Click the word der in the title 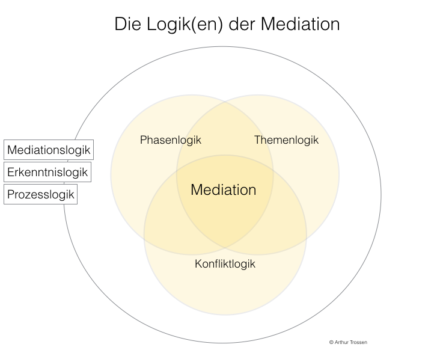(x=234, y=24)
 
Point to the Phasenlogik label (x=171, y=140)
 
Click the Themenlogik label (x=286, y=140)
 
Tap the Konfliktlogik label (x=225, y=264)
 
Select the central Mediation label (x=224, y=190)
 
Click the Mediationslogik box (x=49, y=150)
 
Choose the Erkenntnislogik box (x=47, y=172)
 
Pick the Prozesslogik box (x=41, y=194)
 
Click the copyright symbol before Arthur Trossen (x=331, y=342)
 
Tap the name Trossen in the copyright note (x=358, y=342)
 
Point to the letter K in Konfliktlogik (x=198, y=264)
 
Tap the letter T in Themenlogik (x=257, y=140)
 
